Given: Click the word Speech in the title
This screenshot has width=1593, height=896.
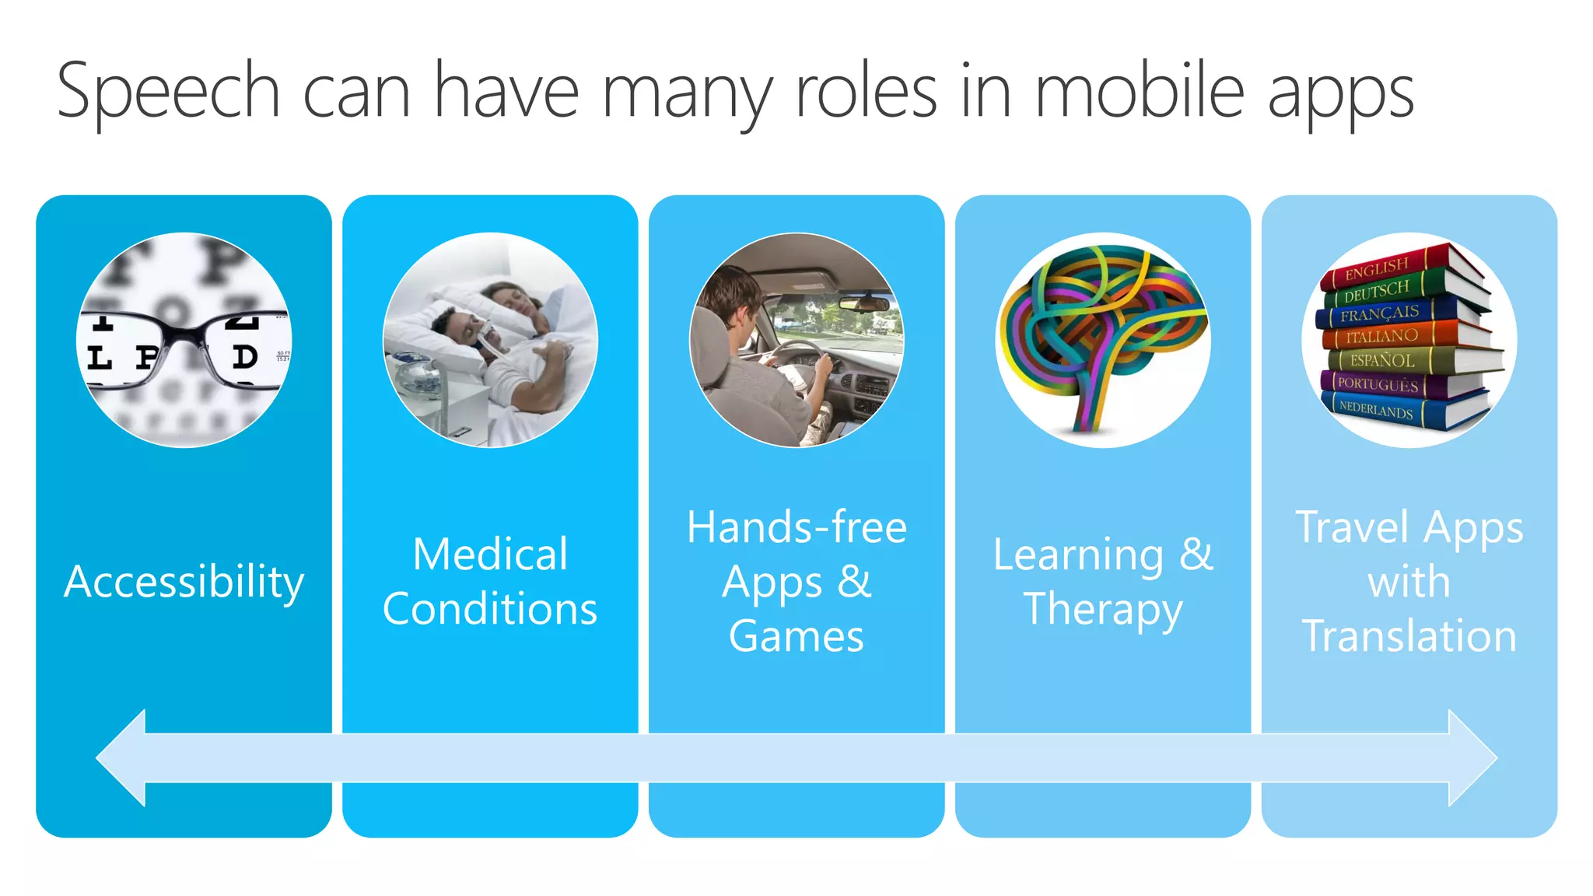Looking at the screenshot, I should pyautogui.click(x=168, y=93).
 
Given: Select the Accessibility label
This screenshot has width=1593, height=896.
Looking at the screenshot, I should pyautogui.click(x=184, y=582).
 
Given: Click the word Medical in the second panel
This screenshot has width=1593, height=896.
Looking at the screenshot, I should pyautogui.click(x=490, y=555).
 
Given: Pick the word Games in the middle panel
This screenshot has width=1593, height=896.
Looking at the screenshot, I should pyautogui.click(x=796, y=636).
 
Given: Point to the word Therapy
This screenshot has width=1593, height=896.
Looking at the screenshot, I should pyautogui.click(x=1102, y=609).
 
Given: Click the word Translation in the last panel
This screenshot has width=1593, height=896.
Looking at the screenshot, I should pyautogui.click(x=1409, y=636).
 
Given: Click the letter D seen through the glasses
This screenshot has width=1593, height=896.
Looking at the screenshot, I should pyautogui.click(x=245, y=357).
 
